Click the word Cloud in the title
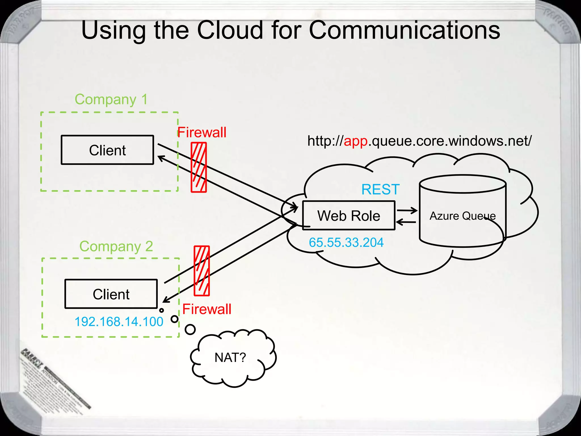pyautogui.click(x=230, y=30)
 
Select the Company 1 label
pyautogui.click(x=111, y=100)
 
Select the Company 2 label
pyautogui.click(x=116, y=246)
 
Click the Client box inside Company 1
pyautogui.click(x=107, y=150)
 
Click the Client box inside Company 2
pyautogui.click(x=111, y=294)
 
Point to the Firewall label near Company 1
pyautogui.click(x=202, y=133)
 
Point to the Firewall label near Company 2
pyautogui.click(x=207, y=309)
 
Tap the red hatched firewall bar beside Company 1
pyautogui.click(x=199, y=167)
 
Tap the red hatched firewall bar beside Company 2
pyautogui.click(x=202, y=271)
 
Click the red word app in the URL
pyautogui.click(x=355, y=141)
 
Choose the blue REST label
pyautogui.click(x=380, y=190)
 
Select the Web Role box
pyautogui.click(x=349, y=216)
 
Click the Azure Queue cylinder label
pyautogui.click(x=462, y=216)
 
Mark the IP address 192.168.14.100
pyautogui.click(x=119, y=322)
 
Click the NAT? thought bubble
pyautogui.click(x=230, y=358)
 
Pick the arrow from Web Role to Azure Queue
pyautogui.click(x=407, y=211)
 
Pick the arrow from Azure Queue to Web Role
pyautogui.click(x=406, y=222)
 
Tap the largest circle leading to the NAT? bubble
pyautogui.click(x=190, y=330)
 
